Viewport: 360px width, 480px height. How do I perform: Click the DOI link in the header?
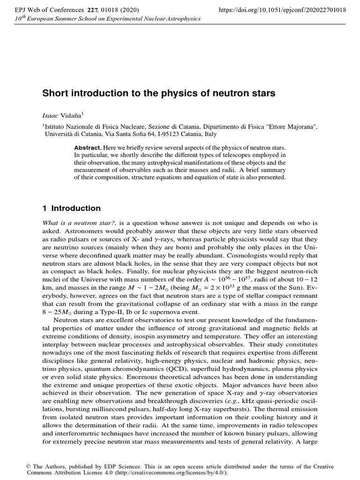click(279, 9)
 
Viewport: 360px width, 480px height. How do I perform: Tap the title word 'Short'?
click(56, 93)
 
